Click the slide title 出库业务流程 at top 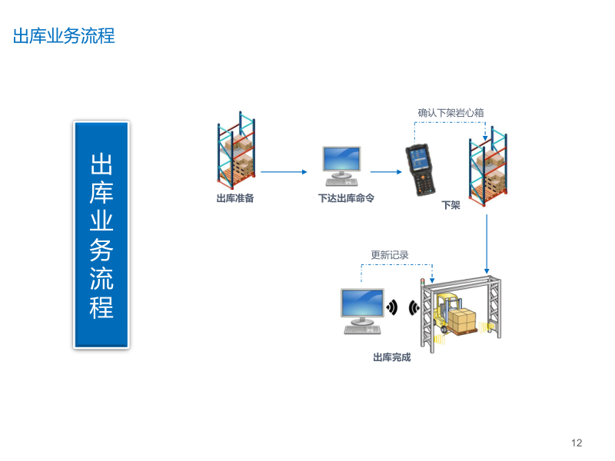point(64,35)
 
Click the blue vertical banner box point(101,234)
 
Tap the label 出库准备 point(235,198)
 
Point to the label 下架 point(450,205)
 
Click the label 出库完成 point(391,357)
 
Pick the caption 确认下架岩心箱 point(450,113)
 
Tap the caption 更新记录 point(390,255)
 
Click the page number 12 point(577,443)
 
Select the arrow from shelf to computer point(284,172)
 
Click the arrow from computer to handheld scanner point(387,172)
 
